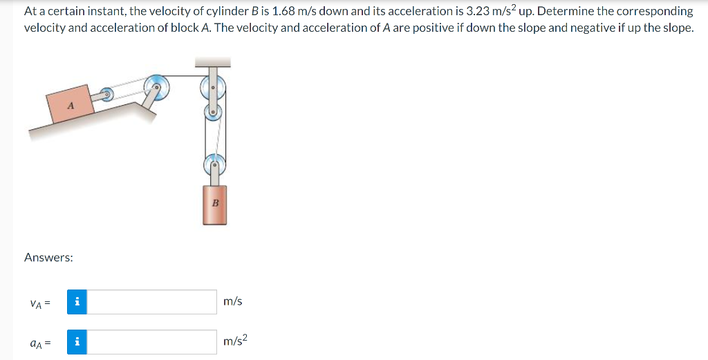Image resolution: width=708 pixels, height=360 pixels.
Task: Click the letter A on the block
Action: pyautogui.click(x=71, y=106)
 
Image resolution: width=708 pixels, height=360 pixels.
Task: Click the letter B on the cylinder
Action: pyautogui.click(x=214, y=203)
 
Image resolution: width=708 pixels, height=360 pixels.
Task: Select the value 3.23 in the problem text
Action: pyautogui.click(x=482, y=12)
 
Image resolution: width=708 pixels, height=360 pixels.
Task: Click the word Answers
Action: pyautogui.click(x=48, y=257)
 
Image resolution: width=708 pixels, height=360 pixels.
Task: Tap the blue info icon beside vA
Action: pyautogui.click(x=77, y=302)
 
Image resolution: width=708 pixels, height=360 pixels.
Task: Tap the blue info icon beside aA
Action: pyautogui.click(x=77, y=341)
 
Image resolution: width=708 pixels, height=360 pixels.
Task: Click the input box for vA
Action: pyautogui.click(x=151, y=302)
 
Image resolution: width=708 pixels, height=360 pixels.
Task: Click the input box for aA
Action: pyautogui.click(x=151, y=341)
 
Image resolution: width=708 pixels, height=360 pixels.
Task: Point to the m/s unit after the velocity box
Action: pyautogui.click(x=233, y=302)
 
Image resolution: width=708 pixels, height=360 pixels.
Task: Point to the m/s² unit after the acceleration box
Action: pyautogui.click(x=235, y=341)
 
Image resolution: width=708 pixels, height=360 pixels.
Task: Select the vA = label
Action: pyautogui.click(x=40, y=303)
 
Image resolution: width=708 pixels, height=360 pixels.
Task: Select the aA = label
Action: pyautogui.click(x=40, y=342)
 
